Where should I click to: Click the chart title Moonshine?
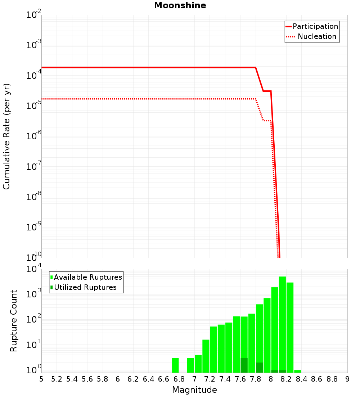coord(180,6)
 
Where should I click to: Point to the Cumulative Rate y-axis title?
coord(6,136)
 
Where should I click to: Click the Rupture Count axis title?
coord(14,321)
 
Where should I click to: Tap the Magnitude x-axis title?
coord(194,390)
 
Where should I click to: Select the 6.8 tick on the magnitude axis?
coord(179,379)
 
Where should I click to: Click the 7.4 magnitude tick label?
coord(225,379)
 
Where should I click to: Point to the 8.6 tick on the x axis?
coord(317,379)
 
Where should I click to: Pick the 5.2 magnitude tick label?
coord(57,379)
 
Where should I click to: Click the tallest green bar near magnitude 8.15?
coord(282,324)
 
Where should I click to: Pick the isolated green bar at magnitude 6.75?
coord(175,365)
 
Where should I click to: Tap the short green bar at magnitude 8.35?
coord(298,371)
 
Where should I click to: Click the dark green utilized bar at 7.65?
coord(244,365)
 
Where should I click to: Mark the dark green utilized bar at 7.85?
coord(259,368)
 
